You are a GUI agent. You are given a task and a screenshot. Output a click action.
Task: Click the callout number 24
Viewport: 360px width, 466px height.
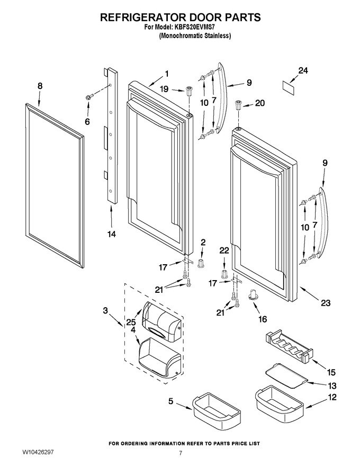click(303, 71)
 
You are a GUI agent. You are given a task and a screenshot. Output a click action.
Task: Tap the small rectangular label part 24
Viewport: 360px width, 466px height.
click(289, 88)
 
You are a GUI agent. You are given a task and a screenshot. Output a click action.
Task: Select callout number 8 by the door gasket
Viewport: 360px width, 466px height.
click(40, 86)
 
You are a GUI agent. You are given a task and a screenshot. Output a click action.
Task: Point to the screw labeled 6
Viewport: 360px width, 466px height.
click(89, 96)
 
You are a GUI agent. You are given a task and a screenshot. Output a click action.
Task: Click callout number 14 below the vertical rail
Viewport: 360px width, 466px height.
click(111, 234)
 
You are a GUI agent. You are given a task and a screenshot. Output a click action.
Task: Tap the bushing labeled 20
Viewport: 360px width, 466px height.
click(238, 105)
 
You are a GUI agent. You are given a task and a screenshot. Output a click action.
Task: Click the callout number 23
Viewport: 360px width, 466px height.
click(326, 303)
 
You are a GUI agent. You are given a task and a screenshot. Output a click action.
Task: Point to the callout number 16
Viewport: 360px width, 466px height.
click(263, 319)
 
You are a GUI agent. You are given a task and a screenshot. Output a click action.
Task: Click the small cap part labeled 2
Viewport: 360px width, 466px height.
click(201, 263)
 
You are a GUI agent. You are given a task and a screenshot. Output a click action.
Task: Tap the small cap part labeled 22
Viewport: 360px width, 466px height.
click(225, 273)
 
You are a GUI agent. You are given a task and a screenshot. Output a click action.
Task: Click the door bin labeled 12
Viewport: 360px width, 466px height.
click(279, 401)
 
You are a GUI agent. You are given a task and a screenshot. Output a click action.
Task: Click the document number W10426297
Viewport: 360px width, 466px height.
click(38, 452)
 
